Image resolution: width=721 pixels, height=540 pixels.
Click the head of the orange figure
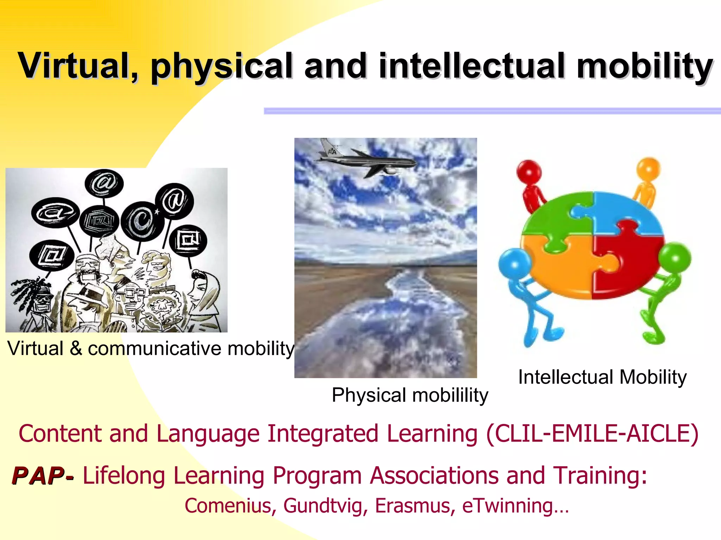[x=648, y=168]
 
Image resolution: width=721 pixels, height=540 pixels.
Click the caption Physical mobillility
[x=410, y=395]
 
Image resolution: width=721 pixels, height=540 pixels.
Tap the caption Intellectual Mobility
[x=602, y=377]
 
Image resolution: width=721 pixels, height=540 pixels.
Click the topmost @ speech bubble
[x=104, y=183]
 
